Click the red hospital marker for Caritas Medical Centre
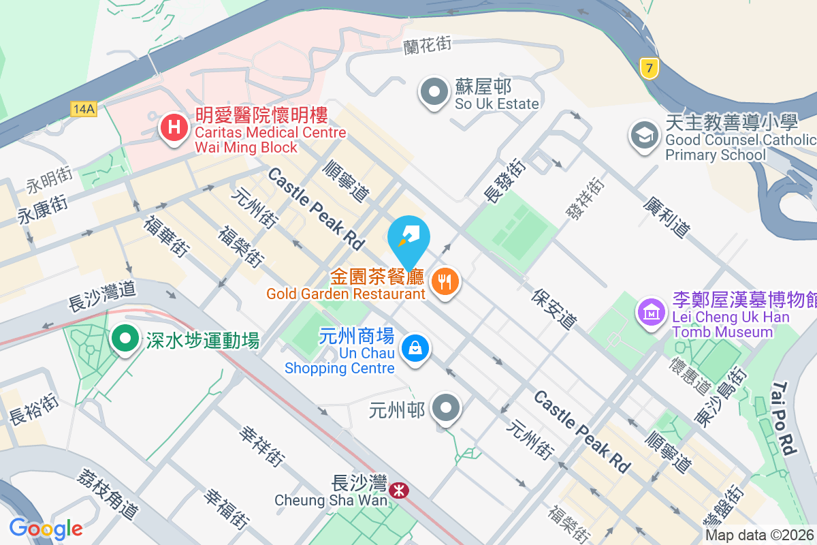(x=174, y=127)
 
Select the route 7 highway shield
(x=650, y=68)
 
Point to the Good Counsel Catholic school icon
(x=643, y=134)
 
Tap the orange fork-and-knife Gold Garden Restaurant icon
(x=445, y=281)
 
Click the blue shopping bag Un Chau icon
(x=415, y=348)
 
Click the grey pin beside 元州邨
(x=447, y=409)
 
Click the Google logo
(x=46, y=528)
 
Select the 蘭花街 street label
(x=428, y=45)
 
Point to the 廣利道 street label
(x=667, y=217)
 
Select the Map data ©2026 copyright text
(x=760, y=535)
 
